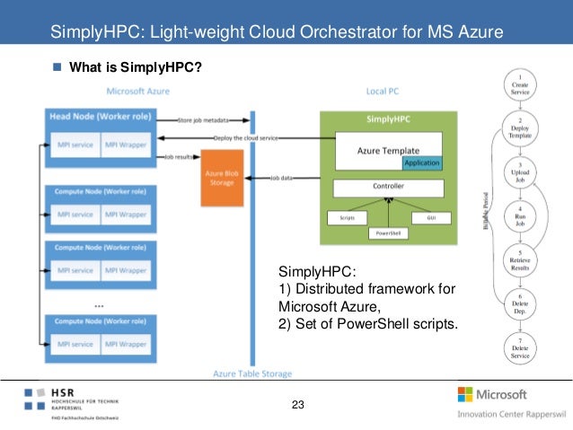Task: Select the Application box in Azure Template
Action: point(421,163)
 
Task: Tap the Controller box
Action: point(388,187)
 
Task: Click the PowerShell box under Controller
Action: point(388,233)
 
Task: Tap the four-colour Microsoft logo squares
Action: point(466,394)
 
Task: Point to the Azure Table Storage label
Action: point(252,373)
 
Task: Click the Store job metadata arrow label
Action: point(204,118)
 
